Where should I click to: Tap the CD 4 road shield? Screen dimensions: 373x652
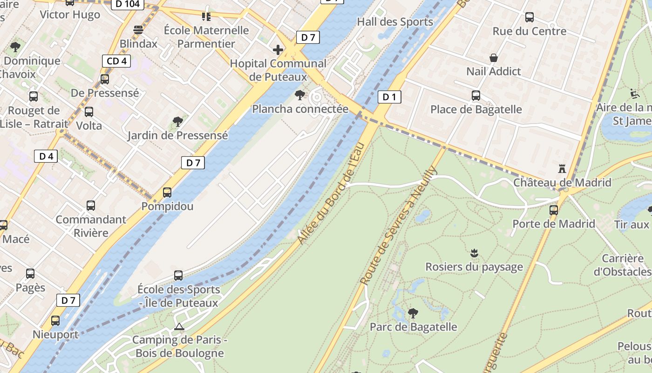[x=116, y=61]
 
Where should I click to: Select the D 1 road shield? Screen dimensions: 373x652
[x=389, y=97]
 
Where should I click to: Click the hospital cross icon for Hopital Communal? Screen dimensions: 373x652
[x=278, y=50]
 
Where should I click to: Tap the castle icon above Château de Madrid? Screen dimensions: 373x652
[x=562, y=168]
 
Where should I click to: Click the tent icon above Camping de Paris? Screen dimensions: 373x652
[x=179, y=326]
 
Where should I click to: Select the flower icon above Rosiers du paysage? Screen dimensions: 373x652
[x=474, y=253]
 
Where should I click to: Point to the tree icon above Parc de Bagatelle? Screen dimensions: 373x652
[x=413, y=313]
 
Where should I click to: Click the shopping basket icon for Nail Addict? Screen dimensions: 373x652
[x=494, y=58]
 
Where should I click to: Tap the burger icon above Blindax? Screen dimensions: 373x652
[x=138, y=30]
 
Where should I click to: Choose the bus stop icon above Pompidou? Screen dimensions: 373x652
[x=167, y=192]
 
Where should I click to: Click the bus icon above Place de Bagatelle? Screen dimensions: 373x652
[x=475, y=96]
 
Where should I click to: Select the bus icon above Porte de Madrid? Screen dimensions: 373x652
[x=553, y=210]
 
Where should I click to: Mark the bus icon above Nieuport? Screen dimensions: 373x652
[x=55, y=321]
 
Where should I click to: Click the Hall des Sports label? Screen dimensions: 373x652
[x=395, y=22]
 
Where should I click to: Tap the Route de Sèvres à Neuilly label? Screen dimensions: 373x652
[x=399, y=225]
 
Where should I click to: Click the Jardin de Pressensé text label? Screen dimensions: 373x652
[x=177, y=136]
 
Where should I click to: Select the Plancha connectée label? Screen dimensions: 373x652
[x=300, y=109]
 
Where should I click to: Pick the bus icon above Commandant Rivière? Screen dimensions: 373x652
[x=91, y=206]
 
